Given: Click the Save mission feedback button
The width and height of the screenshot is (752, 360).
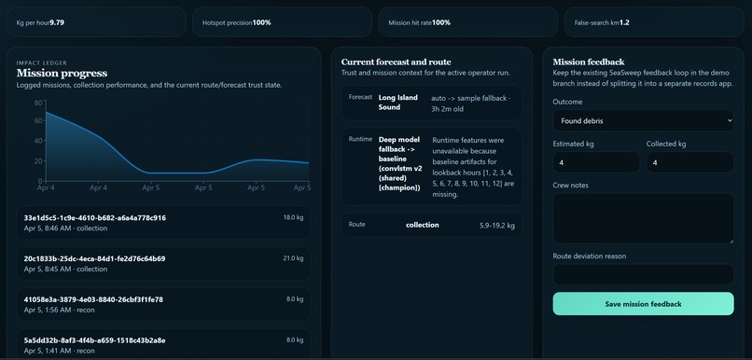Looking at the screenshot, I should (643, 304).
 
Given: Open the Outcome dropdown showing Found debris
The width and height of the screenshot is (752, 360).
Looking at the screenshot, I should (643, 120).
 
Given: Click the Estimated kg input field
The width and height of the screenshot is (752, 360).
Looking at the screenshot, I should (596, 162).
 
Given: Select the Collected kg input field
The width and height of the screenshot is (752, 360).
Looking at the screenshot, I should (689, 162).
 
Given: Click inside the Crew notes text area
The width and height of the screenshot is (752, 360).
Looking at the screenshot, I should (643, 218).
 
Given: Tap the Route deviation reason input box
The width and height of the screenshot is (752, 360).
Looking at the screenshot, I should (643, 274).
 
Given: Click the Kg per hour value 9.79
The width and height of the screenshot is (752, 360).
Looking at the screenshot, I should (57, 22).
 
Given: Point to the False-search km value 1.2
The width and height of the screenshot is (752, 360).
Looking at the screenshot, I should (624, 22).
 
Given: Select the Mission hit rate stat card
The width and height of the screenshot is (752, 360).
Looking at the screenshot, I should (467, 22).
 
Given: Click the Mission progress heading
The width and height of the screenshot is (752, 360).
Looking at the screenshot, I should (62, 73).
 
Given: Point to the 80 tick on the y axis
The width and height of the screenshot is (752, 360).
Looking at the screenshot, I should (38, 103).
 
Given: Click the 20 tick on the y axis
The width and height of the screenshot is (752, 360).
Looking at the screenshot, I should (38, 161).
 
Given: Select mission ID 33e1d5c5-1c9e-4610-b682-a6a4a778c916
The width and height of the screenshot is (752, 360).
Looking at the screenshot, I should (95, 217).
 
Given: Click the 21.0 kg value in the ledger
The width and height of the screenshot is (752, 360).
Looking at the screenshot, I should (293, 258).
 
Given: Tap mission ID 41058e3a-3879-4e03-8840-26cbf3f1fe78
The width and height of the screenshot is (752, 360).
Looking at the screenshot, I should (93, 299).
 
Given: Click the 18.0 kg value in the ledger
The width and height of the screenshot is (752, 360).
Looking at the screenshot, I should (293, 217).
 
